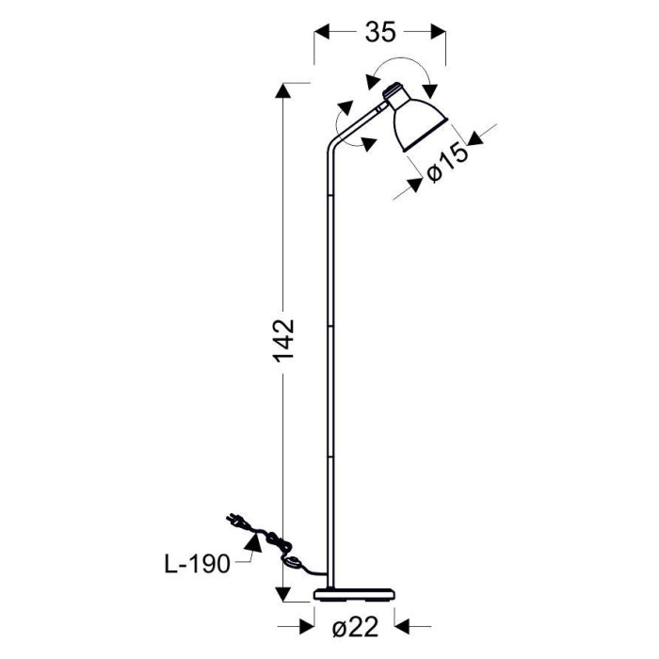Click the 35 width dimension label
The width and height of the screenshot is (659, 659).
380,31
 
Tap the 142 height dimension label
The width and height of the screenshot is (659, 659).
283,341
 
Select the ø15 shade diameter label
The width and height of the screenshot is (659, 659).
447,163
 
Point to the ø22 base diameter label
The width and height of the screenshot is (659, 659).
355,628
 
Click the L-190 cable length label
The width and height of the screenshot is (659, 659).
198,564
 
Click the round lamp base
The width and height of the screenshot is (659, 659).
355,594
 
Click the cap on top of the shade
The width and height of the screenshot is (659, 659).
394,90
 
